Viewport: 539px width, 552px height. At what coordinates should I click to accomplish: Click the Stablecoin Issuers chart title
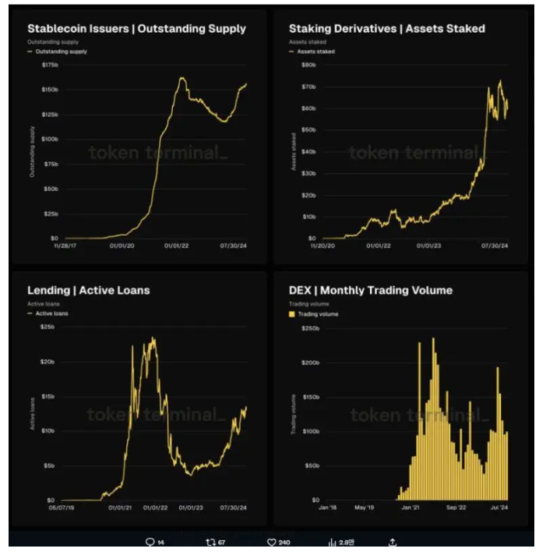(x=136, y=29)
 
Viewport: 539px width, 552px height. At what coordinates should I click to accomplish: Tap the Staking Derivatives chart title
(x=386, y=29)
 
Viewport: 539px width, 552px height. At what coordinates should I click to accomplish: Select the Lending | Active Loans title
(x=88, y=291)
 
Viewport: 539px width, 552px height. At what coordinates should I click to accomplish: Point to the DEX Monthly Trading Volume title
(x=370, y=291)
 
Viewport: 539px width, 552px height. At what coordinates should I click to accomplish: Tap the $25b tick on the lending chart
(x=47, y=327)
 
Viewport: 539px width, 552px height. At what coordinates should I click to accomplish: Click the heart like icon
(x=272, y=542)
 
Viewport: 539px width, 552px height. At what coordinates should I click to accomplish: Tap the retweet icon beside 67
(x=210, y=542)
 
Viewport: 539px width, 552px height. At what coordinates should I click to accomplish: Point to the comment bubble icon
(x=150, y=542)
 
